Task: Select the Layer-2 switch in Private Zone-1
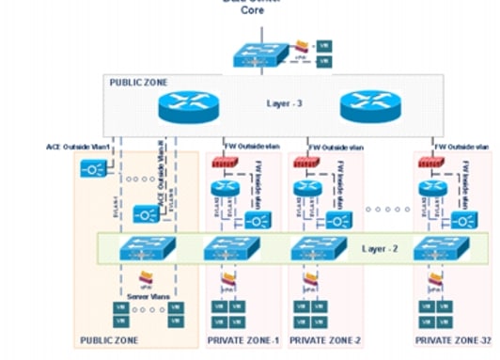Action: tap(230, 250)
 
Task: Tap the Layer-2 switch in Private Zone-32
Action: tap(440, 250)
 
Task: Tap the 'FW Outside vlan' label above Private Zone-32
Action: tap(461, 147)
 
